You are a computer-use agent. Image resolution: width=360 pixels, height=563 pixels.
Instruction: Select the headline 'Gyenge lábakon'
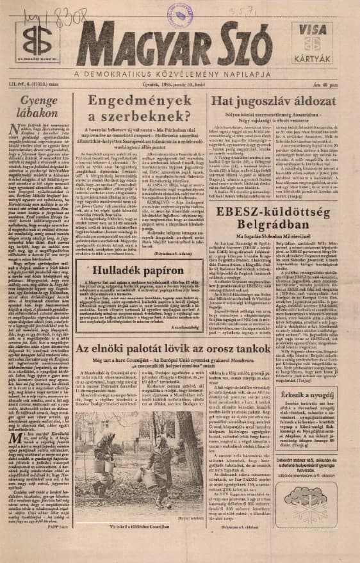[x=39, y=109]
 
